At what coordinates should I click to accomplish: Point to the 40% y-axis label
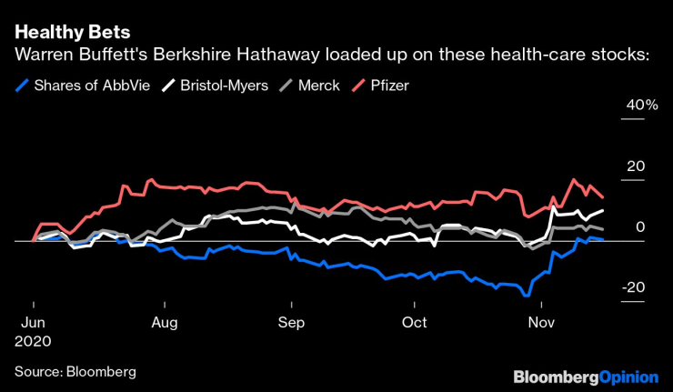pos(639,106)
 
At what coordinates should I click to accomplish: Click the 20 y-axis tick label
pos(637,166)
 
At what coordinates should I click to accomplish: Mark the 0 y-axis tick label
pos(640,226)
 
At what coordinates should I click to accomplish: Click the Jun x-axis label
pos(34,322)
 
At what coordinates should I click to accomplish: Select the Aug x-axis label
pos(165,322)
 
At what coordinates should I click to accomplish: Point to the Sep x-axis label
pos(291,322)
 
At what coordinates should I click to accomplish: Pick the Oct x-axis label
pos(415,322)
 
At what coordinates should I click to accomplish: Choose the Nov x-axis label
pos(542,322)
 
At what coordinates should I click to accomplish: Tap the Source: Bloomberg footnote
pos(75,371)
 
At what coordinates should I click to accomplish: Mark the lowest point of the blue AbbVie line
pos(526,296)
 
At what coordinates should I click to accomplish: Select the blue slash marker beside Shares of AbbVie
pos(22,85)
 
